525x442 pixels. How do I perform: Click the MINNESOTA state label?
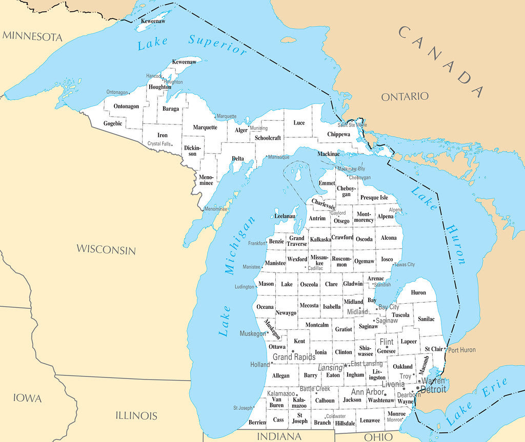[32, 36]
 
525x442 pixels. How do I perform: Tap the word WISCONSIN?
[106, 249]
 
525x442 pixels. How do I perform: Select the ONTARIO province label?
[405, 96]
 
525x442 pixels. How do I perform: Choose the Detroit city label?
[433, 389]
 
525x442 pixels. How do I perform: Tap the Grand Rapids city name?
[294, 357]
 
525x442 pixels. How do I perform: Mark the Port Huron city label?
[461, 350]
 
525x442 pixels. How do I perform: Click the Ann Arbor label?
[367, 392]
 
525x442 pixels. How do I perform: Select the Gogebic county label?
[113, 123]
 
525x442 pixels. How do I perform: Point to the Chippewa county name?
[339, 134]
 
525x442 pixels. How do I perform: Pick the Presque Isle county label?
[374, 197]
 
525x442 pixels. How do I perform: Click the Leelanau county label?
[285, 216]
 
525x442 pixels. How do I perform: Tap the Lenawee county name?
[370, 420]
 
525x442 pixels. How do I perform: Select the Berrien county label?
[257, 422]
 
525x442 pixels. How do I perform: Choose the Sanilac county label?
[426, 319]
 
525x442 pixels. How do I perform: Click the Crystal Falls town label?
[159, 144]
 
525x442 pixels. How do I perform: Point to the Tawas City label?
[405, 264]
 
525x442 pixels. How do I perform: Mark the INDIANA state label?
[279, 436]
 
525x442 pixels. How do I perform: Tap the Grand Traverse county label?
[297, 241]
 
